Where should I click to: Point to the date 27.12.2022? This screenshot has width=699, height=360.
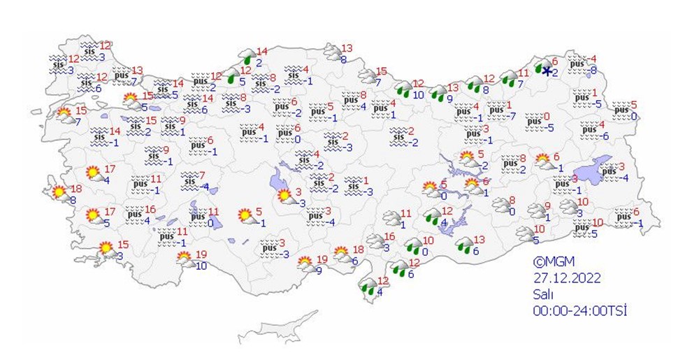point(565,278)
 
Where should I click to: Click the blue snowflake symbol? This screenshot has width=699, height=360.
point(546,71)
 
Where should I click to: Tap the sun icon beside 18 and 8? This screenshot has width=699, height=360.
point(59,192)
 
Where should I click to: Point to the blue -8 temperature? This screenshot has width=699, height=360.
point(593,70)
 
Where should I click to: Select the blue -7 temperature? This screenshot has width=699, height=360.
point(512,115)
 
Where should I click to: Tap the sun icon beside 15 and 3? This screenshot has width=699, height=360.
point(106,248)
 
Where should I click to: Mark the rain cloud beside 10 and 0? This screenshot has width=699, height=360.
point(414,245)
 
